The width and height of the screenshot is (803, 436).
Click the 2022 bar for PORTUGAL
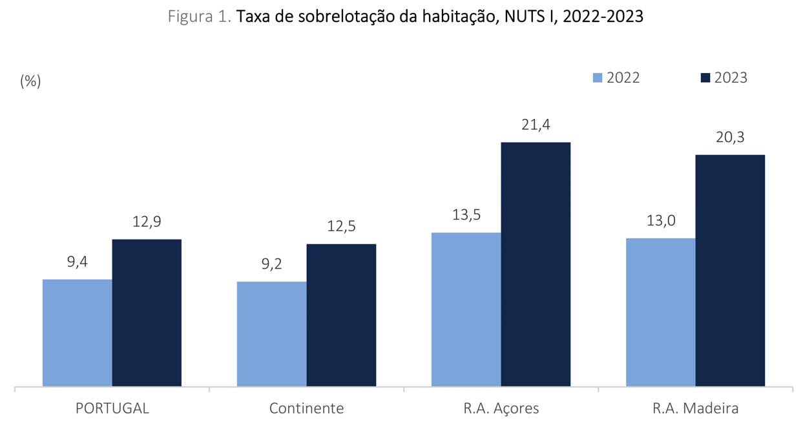(78, 333)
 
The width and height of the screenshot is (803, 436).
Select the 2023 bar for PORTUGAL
(147, 313)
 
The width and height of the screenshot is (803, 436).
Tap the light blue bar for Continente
(272, 334)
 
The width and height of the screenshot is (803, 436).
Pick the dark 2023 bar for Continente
(341, 315)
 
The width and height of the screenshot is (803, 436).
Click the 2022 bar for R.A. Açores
(466, 309)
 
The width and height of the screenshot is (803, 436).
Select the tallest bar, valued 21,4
(536, 264)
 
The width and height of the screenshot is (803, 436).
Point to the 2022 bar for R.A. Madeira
(660, 313)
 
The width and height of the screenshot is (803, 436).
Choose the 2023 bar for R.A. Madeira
(730, 271)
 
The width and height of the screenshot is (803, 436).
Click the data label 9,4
(78, 262)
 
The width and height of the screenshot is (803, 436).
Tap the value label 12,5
(341, 227)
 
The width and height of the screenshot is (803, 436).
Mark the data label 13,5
(466, 215)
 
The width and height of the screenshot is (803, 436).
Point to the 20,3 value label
(730, 138)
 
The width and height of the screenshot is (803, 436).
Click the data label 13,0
(661, 221)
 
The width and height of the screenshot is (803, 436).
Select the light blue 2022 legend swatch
(598, 78)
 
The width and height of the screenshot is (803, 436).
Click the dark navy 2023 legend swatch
(705, 78)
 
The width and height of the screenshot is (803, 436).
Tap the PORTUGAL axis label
(112, 409)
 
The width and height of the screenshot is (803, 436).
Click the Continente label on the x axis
(307, 409)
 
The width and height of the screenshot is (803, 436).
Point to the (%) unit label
(30, 81)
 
